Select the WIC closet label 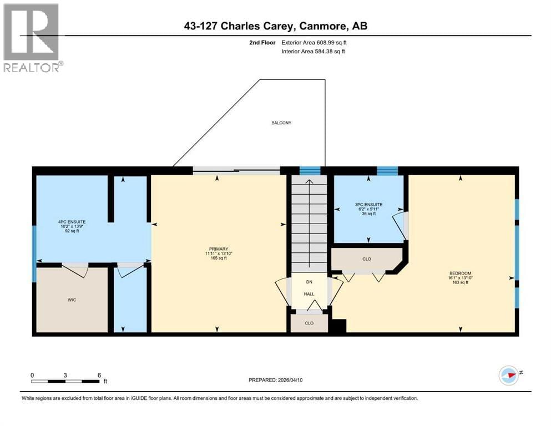72,300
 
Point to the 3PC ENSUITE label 368,204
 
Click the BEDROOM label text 460,273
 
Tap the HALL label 309,295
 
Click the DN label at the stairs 309,282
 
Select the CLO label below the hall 309,322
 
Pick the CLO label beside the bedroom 366,259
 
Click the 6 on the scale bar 99,375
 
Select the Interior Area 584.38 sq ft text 312,52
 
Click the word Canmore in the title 321,26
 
